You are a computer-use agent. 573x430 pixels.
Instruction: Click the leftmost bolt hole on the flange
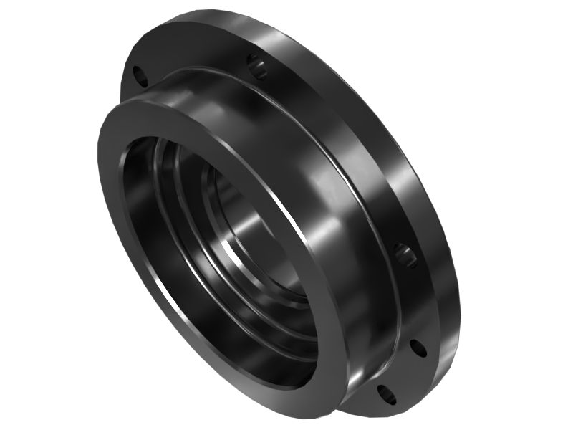(140, 75)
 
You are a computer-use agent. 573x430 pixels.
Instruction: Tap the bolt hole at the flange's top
(258, 67)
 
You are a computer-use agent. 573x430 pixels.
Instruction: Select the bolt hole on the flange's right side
(405, 255)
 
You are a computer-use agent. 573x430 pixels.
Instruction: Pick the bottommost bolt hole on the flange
(385, 393)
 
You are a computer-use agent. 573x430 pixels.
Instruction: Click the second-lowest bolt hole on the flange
(419, 348)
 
